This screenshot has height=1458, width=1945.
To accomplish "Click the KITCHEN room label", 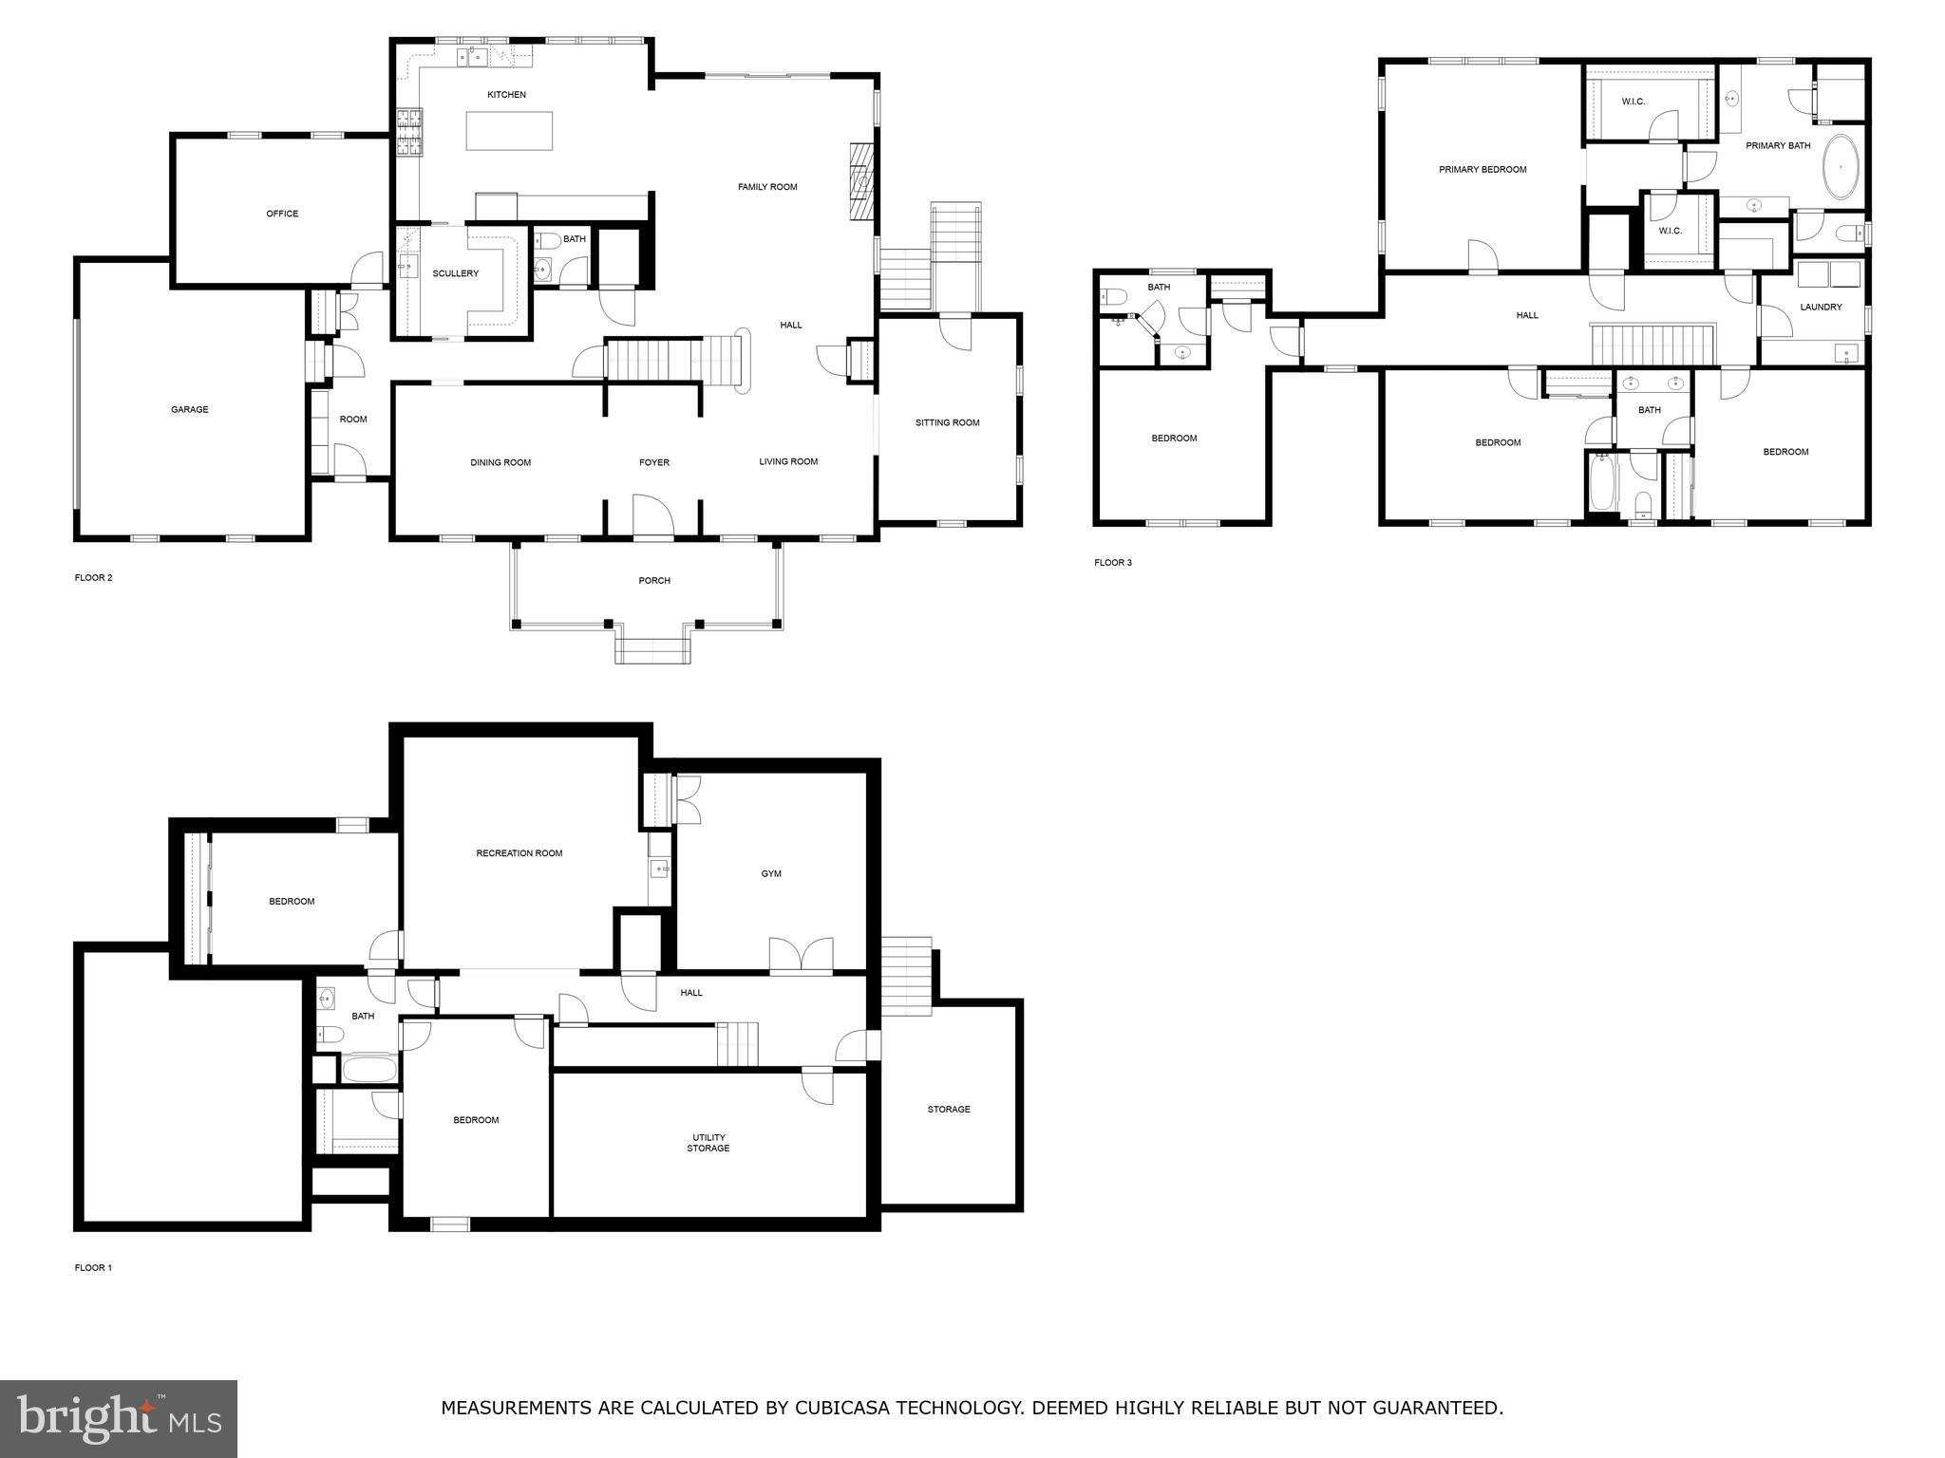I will [x=506, y=95].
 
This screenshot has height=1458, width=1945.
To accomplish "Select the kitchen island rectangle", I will [x=509, y=131].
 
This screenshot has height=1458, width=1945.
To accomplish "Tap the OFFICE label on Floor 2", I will [x=282, y=214].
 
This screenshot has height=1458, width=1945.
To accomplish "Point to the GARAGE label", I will [x=189, y=410].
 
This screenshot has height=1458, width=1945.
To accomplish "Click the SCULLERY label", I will [x=456, y=274].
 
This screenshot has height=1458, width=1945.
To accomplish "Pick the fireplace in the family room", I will [x=861, y=181].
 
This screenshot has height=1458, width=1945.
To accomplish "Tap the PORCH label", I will [x=654, y=581].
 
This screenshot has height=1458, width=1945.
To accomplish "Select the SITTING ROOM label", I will [x=947, y=423].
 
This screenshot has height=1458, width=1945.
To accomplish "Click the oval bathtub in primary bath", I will [x=1841, y=167].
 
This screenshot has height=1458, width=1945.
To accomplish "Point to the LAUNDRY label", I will [x=1821, y=308].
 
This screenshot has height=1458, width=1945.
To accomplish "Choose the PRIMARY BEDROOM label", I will [x=1482, y=170].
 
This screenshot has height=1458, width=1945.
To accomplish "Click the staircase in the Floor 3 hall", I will [x=1652, y=344].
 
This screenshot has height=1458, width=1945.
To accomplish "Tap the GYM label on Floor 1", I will [x=771, y=874].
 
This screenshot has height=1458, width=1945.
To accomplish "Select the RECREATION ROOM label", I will [x=519, y=853].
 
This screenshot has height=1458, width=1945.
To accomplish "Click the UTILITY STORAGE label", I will [x=708, y=1143].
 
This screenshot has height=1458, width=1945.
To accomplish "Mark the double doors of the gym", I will [x=801, y=956].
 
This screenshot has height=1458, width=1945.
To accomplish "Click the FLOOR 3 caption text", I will [x=1113, y=563].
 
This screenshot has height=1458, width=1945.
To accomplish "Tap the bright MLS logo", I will [x=119, y=1418].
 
